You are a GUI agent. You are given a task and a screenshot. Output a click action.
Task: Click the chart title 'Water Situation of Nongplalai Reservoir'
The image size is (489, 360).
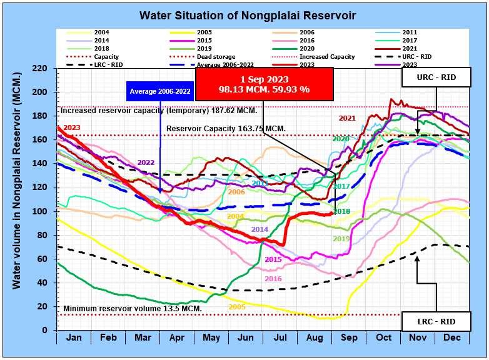(245, 14)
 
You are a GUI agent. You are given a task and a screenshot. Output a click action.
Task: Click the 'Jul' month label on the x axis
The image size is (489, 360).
(281, 337)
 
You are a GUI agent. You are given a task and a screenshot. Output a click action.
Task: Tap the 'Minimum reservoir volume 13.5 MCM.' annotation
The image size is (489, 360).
(132, 309)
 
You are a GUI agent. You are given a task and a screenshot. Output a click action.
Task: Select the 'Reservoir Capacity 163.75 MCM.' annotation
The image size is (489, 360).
(226, 128)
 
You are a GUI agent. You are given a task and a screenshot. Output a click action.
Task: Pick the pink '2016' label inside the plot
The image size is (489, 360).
(273, 279)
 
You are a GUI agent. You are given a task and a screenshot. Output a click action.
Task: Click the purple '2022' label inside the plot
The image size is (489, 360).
(145, 162)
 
